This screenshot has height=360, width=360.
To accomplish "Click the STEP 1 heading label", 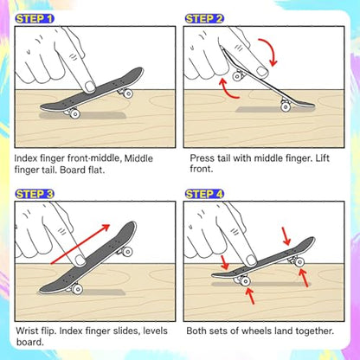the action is pyautogui.click(x=35, y=19).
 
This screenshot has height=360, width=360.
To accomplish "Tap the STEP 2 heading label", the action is pyautogui.click(x=204, y=19).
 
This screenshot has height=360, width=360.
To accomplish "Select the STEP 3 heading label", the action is pyautogui.click(x=35, y=194).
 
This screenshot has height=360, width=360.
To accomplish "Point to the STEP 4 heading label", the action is pyautogui.click(x=204, y=194).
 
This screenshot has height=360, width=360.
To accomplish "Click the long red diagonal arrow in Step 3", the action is pyautogui.click(x=80, y=244).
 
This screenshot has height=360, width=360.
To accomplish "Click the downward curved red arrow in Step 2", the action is pyautogui.click(x=271, y=50).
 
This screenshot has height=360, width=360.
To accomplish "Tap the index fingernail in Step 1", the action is pyautogui.click(x=90, y=87).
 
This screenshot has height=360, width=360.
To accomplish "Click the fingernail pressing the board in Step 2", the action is pyautogui.click(x=263, y=71).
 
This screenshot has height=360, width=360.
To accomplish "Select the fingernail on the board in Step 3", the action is pyautogui.click(x=80, y=260).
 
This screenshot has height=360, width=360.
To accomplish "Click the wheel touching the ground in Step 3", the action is pyautogui.click(x=77, y=289).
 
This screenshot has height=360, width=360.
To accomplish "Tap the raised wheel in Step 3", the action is pyautogui.click(x=127, y=252).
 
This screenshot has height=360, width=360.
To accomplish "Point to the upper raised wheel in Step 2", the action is pyautogui.click(x=237, y=76).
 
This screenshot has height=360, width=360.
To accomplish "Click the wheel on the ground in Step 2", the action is pyautogui.click(x=286, y=106).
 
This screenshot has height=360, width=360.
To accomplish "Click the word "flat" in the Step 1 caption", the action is pyautogui.click(x=95, y=170).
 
